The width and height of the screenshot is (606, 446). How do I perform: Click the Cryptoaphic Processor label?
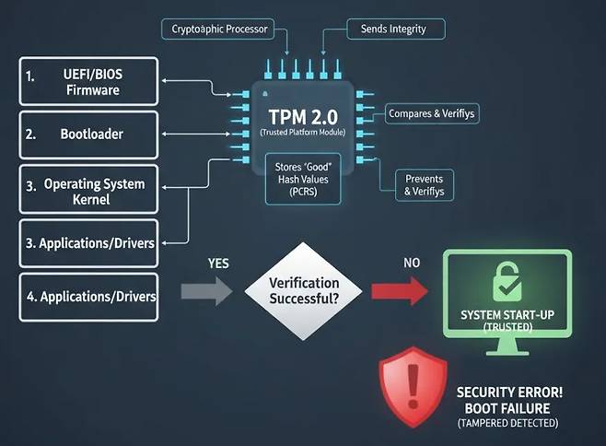pyautogui.click(x=221, y=29)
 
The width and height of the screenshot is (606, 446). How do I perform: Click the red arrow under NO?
pyautogui.click(x=400, y=293)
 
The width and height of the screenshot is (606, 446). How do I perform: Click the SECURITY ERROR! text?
pyautogui.click(x=509, y=392)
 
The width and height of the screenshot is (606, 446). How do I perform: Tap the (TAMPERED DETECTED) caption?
pyautogui.click(x=507, y=423)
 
